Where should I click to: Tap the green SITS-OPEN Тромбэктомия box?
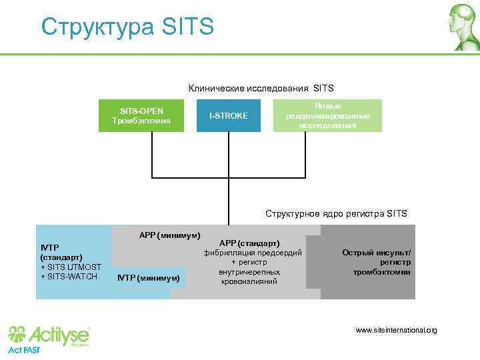click(x=141, y=116)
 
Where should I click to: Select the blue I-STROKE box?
click(x=228, y=116)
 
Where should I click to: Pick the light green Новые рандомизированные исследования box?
click(x=327, y=116)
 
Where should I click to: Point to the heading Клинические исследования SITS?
click(x=261, y=88)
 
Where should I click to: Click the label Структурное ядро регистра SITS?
click(x=336, y=214)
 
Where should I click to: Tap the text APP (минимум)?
click(x=169, y=235)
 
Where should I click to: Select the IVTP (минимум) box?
click(x=148, y=277)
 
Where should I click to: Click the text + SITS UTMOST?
click(x=71, y=267)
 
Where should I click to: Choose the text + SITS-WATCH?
click(x=69, y=277)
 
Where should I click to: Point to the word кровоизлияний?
click(x=249, y=282)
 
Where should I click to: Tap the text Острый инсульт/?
click(x=377, y=253)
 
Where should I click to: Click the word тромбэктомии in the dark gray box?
click(x=381, y=272)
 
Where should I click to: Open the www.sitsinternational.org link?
click(x=396, y=330)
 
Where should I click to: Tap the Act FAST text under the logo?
click(x=24, y=350)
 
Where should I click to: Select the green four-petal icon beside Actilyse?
click(x=19, y=333)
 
